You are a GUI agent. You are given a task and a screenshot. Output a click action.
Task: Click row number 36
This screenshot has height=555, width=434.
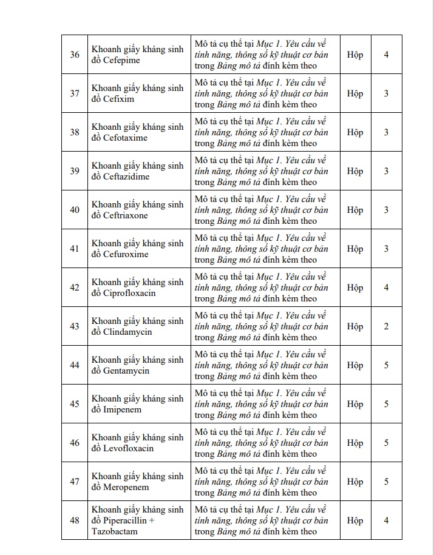(x=75, y=55)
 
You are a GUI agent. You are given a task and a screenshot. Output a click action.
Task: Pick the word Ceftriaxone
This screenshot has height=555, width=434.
(x=126, y=215)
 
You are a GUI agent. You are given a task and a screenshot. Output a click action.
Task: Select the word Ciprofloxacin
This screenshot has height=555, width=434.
(x=129, y=293)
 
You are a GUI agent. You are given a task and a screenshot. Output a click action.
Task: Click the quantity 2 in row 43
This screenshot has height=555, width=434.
(x=386, y=326)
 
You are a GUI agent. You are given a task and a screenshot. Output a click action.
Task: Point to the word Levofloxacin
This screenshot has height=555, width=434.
(x=128, y=448)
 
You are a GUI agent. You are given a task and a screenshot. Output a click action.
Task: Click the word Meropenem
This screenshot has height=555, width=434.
(x=126, y=487)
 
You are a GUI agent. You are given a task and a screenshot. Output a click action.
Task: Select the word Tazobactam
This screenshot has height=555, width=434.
(x=115, y=531)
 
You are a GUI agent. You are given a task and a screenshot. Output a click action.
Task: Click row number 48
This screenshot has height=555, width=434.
(x=75, y=520)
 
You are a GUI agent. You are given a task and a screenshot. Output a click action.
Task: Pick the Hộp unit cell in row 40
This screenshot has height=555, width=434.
(x=355, y=210)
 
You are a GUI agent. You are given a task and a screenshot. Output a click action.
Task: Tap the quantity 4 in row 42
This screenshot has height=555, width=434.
(x=386, y=288)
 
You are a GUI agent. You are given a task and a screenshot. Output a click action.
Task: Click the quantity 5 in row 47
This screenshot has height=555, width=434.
(x=386, y=482)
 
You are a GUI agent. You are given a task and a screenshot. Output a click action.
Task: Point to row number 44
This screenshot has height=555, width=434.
(x=75, y=365)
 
